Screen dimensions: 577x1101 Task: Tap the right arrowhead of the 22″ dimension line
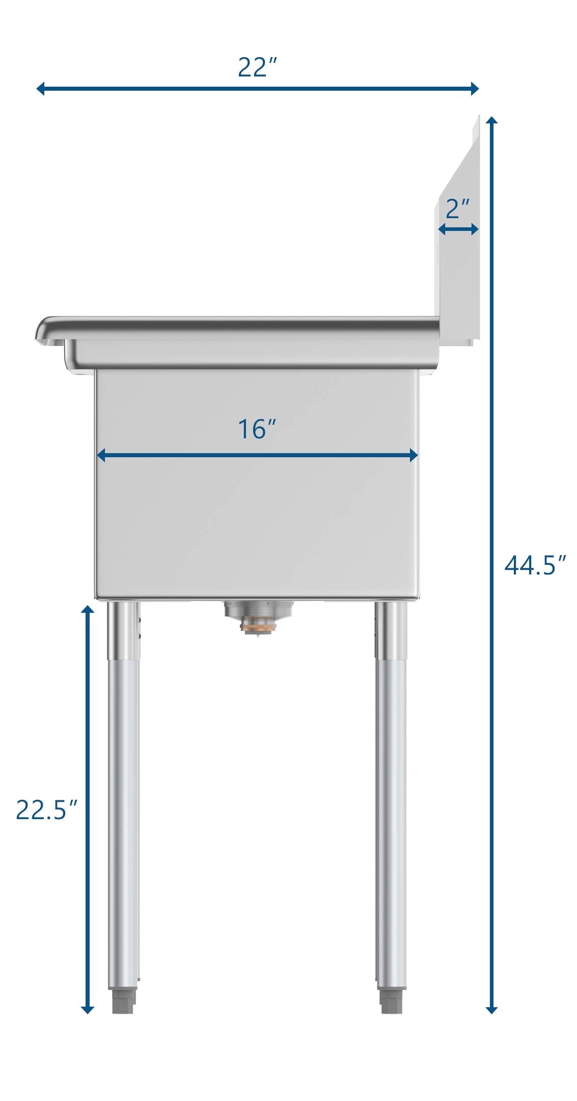pos(474,89)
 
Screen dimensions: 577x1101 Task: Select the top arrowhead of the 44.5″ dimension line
pos(491,121)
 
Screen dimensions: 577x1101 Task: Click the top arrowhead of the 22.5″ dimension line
pos(88,611)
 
